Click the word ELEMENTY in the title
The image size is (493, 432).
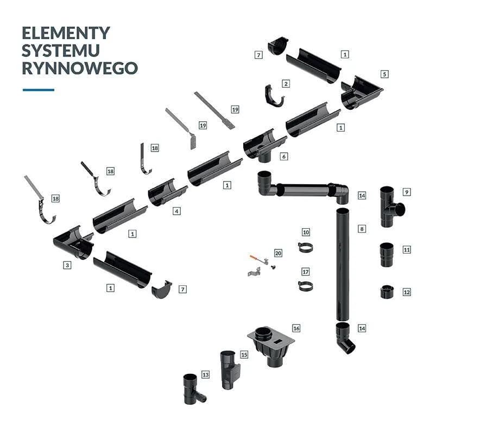point(66,33)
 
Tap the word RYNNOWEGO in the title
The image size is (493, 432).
point(79,68)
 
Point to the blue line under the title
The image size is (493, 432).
point(39,90)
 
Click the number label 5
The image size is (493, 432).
point(384,74)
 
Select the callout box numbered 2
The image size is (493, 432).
point(286,84)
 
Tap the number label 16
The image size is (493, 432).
point(296,328)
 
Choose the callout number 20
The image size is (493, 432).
point(278,253)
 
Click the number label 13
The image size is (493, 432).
point(205,374)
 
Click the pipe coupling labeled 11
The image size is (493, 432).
point(387,255)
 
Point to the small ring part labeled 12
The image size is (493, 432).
point(387,292)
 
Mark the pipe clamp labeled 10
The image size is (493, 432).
point(305,248)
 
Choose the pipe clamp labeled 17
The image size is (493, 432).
point(305,286)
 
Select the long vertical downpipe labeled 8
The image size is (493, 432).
point(343,261)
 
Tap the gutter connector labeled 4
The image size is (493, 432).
point(166,192)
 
